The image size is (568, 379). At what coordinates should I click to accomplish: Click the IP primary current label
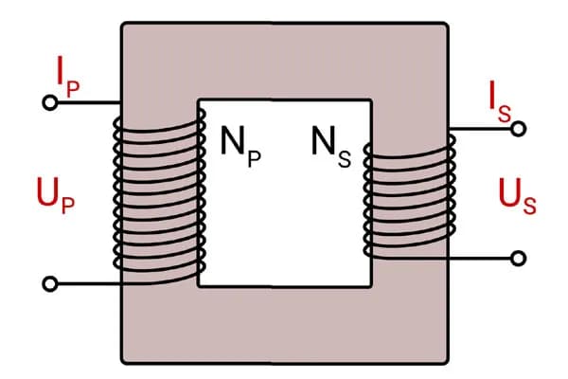pyautogui.click(x=67, y=73)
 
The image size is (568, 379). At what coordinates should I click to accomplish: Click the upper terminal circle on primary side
pyautogui.click(x=49, y=101)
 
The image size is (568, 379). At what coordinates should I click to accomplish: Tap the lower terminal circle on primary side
pyautogui.click(x=51, y=283)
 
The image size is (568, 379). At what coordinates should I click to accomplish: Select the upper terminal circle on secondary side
pyautogui.click(x=518, y=129)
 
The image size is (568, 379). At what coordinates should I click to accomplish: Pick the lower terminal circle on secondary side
pyautogui.click(x=518, y=258)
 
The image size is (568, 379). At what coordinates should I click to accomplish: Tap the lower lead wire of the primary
pyautogui.click(x=85, y=283)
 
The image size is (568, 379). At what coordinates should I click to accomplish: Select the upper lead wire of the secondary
pyautogui.click(x=483, y=129)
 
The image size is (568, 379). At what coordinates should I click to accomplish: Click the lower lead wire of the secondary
pyautogui.click(x=483, y=258)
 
